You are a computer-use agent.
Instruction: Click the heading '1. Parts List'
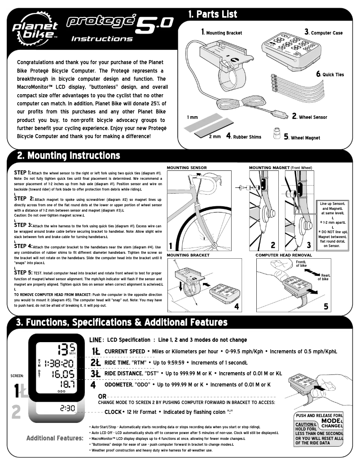coord(213,14)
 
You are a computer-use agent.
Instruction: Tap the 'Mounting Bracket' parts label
coord(222,33)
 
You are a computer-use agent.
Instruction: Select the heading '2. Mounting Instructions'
coord(68,156)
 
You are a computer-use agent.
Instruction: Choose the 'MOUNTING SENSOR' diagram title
coord(187,168)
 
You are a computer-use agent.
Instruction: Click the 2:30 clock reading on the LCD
coord(66,408)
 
